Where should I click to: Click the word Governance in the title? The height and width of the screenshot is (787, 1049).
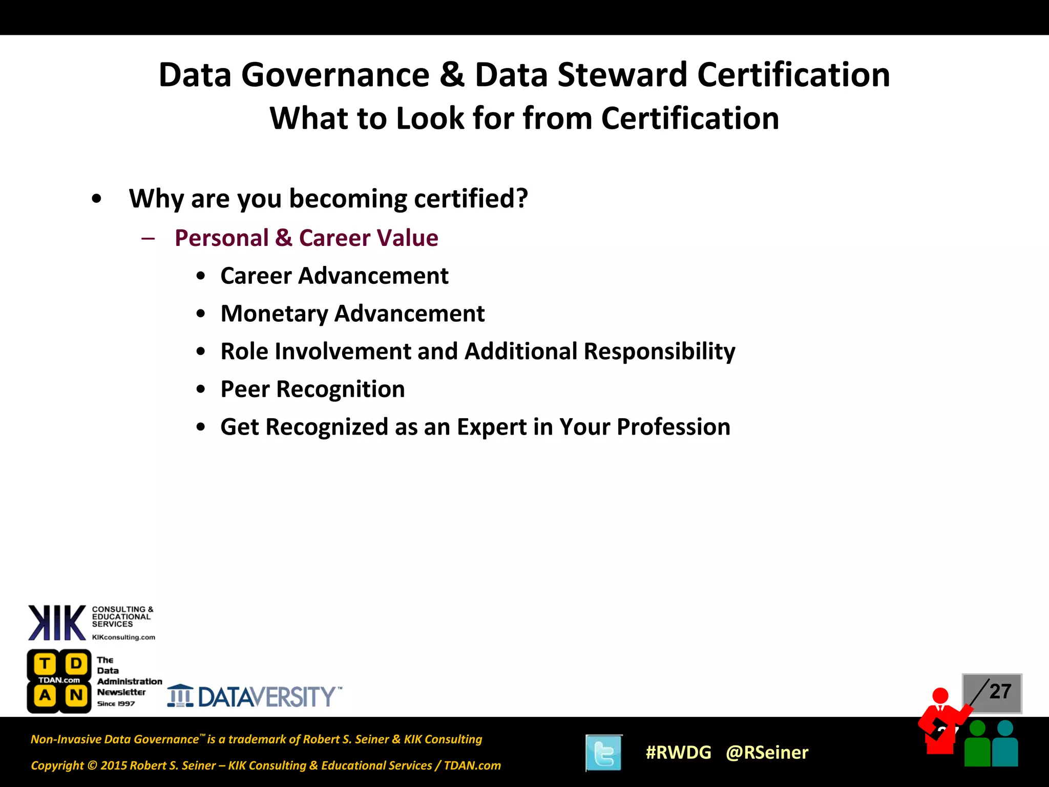335,75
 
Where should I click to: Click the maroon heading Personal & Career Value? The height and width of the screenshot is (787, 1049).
306,238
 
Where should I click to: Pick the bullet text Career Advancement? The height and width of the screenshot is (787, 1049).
334,276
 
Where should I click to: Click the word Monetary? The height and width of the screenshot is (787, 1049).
274,314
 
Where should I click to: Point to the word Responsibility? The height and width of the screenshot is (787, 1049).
659,352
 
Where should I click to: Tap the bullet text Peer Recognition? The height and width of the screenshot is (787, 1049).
312,389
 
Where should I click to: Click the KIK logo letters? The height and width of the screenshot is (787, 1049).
57,623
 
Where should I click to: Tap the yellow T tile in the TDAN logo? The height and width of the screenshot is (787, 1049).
45,664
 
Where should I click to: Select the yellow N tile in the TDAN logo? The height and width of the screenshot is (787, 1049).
76,695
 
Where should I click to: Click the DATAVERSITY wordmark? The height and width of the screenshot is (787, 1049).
266,697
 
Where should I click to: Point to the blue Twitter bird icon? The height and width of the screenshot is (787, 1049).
604,753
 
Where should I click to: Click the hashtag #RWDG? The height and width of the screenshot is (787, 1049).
678,752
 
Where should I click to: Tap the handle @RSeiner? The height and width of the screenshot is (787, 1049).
767,752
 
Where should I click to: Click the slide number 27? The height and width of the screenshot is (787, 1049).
1000,692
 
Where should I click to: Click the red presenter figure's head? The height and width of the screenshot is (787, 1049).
940,695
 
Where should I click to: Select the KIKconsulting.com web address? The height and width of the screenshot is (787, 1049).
123,637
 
